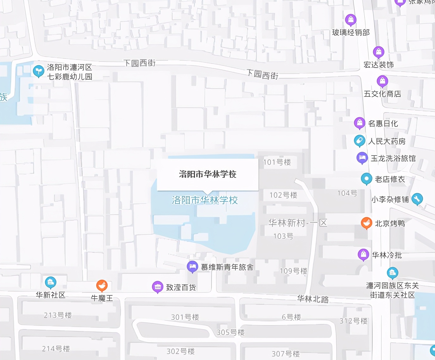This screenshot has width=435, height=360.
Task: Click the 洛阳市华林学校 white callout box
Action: point(208,174)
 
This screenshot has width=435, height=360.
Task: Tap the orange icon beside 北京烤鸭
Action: point(366,223)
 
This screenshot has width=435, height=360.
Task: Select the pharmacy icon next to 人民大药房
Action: point(359,141)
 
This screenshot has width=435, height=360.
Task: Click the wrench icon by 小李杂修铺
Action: point(417,199)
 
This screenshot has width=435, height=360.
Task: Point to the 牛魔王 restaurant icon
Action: point(102,286)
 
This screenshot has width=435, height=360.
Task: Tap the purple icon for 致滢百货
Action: point(157,287)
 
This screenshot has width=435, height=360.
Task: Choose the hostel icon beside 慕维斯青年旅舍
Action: point(192,267)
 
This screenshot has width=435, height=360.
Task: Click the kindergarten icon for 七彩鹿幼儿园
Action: point(38,71)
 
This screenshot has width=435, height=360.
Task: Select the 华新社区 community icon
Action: point(50,282)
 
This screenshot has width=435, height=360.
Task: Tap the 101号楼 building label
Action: point(277,162)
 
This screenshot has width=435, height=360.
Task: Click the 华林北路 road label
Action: point(313,299)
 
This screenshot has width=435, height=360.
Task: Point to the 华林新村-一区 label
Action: point(298,223)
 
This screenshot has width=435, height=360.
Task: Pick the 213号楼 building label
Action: point(58,315)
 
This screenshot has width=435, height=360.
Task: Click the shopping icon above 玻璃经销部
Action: point(350,20)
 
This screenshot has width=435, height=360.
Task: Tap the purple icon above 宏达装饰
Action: point(378,52)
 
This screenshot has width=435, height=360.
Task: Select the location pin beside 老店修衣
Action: point(366,179)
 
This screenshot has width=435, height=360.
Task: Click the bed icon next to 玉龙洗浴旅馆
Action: point(362,158)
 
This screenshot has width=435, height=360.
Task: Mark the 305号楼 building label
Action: point(230,332)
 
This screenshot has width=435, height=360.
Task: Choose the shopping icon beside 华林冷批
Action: point(363,254)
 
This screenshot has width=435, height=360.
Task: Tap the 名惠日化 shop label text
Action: point(383,124)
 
